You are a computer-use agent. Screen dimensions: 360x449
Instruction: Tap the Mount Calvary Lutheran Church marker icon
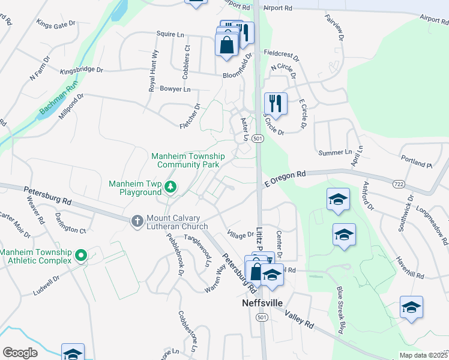tap(137, 221)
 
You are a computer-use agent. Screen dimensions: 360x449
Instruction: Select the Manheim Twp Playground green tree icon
tap(171, 188)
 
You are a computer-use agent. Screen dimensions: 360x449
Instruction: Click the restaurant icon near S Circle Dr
tap(276, 103)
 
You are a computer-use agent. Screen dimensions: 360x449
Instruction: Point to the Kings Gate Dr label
tap(57, 25)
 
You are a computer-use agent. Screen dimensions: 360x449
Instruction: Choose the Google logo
tap(20, 353)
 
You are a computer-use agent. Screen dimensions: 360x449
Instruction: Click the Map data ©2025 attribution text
tap(423, 355)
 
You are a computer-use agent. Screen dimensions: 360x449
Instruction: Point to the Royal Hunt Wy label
tap(154, 71)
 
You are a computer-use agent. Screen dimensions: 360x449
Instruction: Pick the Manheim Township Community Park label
tap(187, 160)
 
